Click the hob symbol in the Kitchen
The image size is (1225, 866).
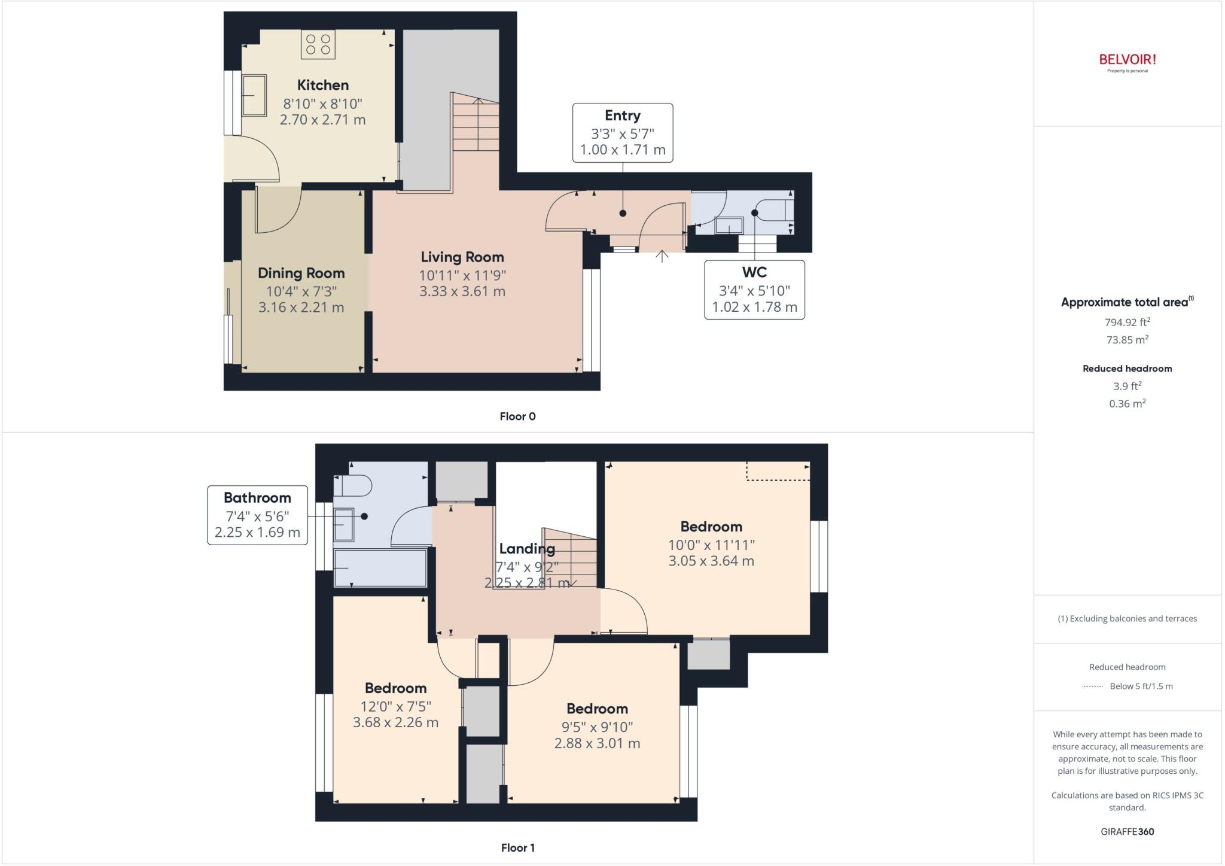(318, 44)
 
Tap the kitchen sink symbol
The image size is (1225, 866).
(254, 95)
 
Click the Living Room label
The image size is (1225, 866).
(462, 257)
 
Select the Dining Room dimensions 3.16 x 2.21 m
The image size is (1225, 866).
(301, 307)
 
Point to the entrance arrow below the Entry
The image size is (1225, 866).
(662, 256)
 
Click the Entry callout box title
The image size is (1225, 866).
(622, 116)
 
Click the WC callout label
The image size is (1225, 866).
(754, 272)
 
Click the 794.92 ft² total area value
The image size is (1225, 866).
(1127, 322)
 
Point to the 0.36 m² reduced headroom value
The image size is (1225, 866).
(1127, 403)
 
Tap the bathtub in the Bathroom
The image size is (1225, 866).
(380, 567)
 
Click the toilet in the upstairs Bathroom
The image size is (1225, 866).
(353, 485)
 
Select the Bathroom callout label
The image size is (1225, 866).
(257, 497)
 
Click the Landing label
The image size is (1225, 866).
(526, 548)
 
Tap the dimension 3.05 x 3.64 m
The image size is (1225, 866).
(711, 561)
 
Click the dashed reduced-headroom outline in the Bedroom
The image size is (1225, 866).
(778, 479)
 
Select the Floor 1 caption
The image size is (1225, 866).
(517, 847)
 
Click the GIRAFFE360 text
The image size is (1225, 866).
(1127, 831)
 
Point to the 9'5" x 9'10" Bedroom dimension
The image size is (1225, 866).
(596, 727)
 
